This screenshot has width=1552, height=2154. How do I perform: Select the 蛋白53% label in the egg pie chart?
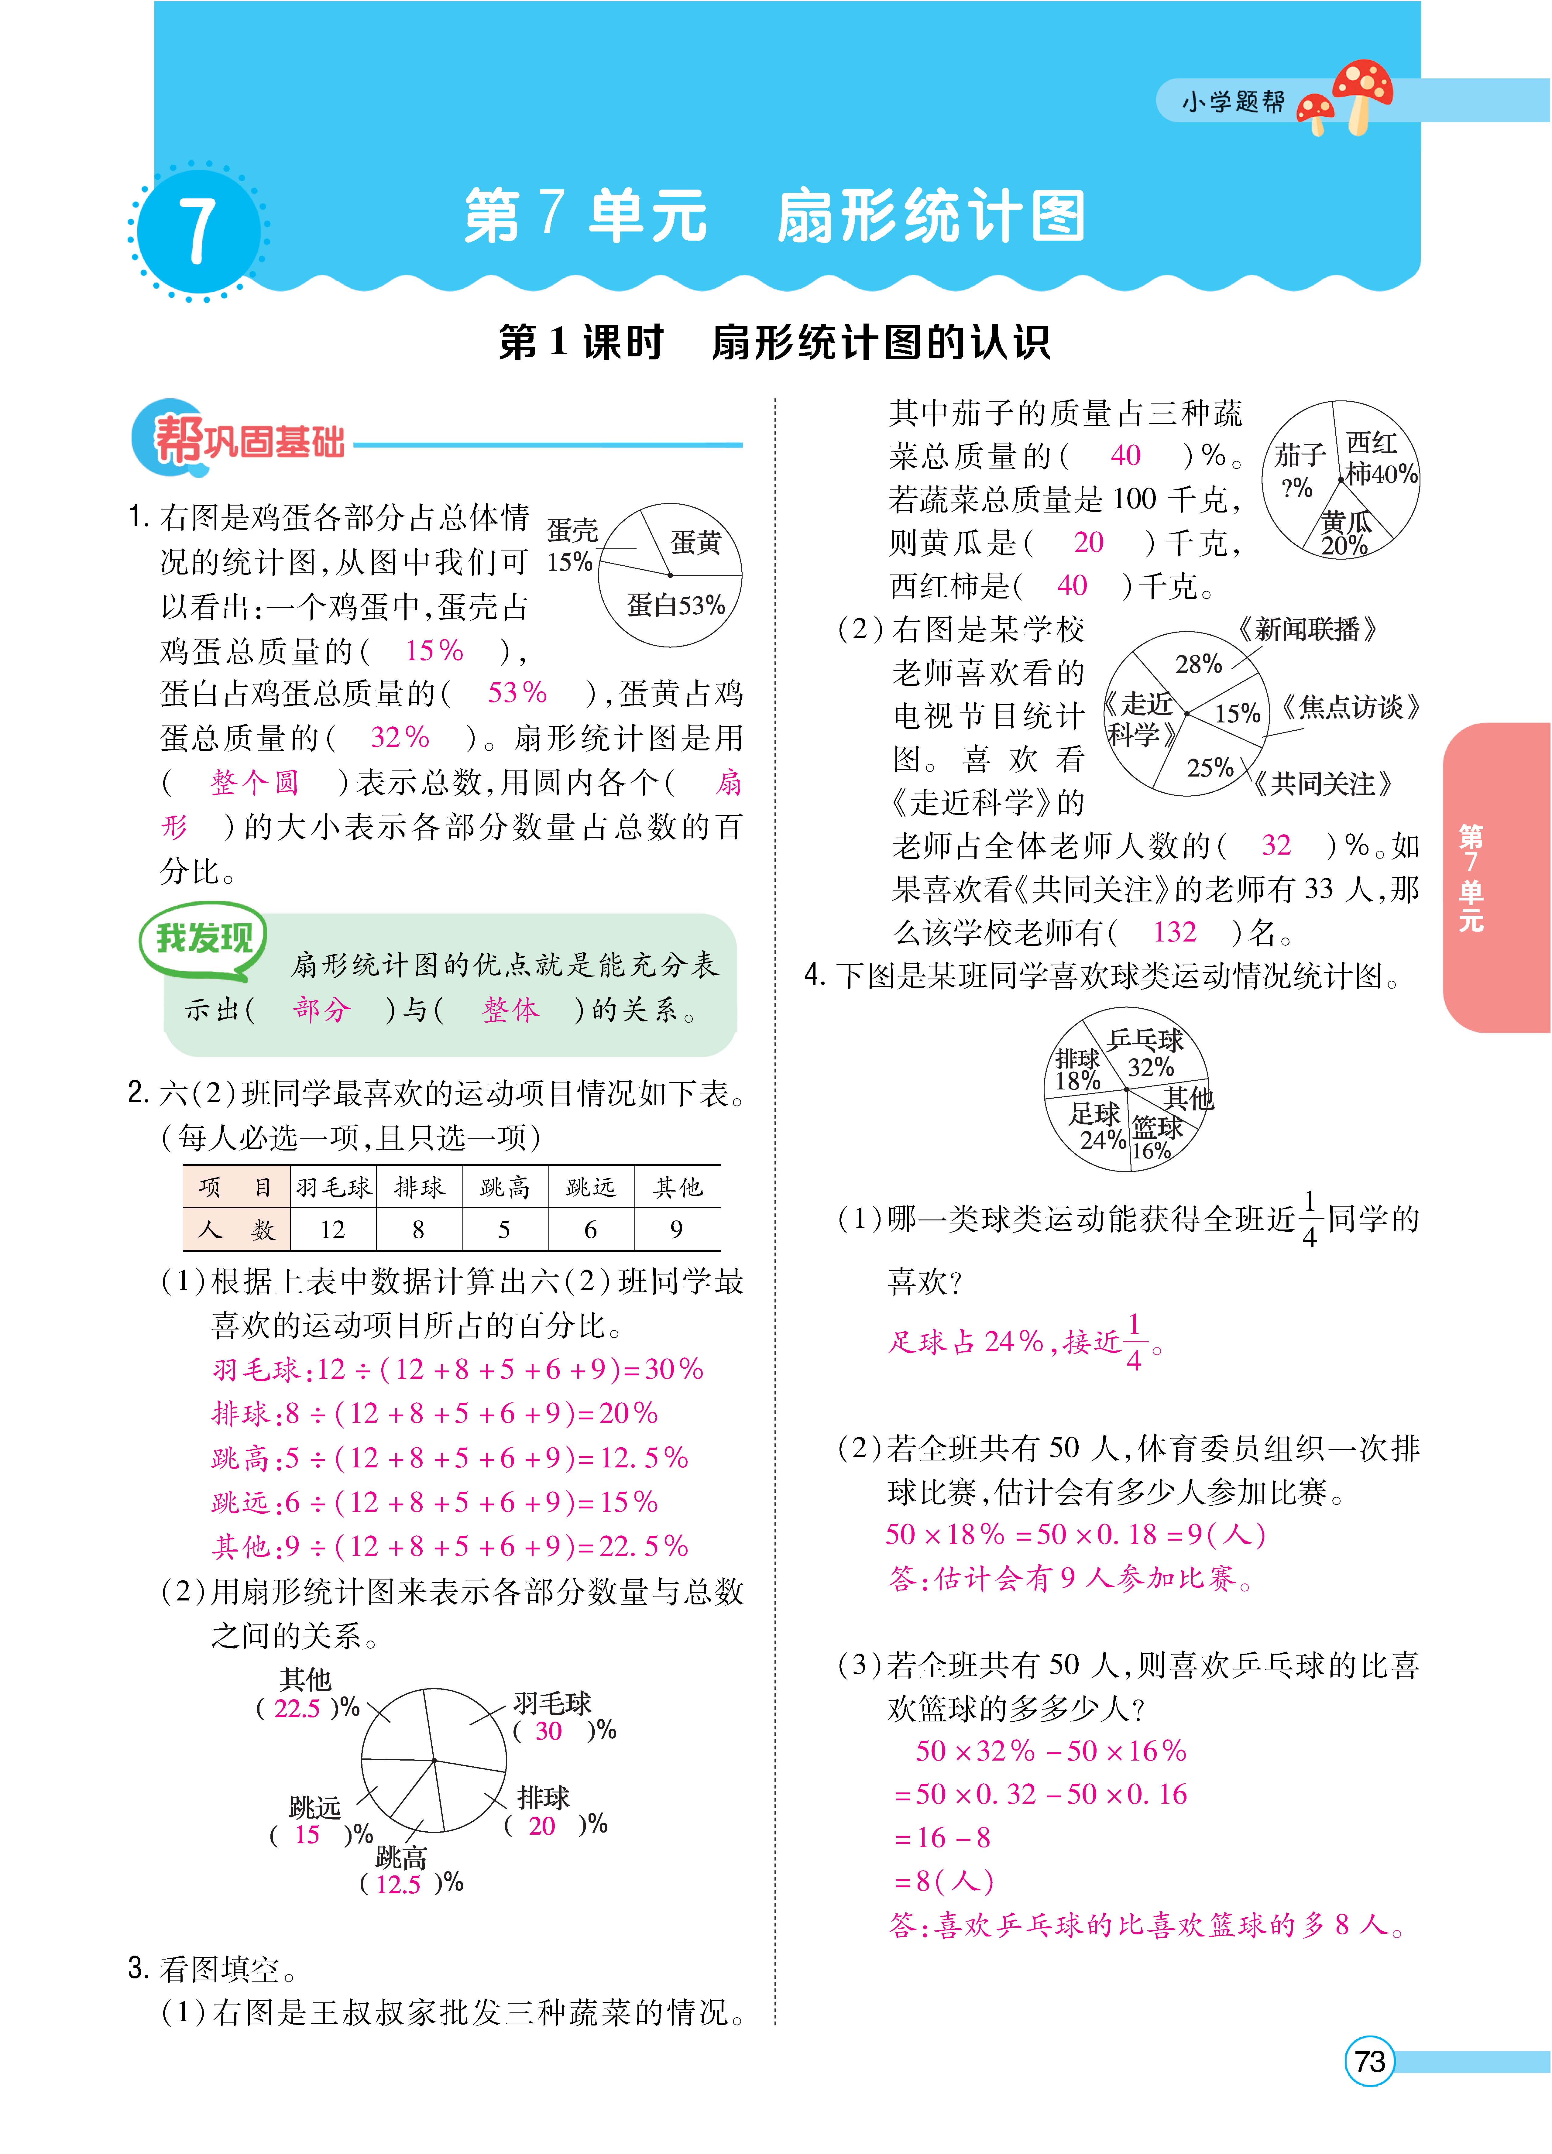click(x=675, y=605)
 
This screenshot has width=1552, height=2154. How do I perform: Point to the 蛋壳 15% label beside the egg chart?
click(x=571, y=546)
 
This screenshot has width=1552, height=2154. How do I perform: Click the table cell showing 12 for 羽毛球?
click(x=332, y=1230)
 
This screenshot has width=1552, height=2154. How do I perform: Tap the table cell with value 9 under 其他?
click(x=676, y=1230)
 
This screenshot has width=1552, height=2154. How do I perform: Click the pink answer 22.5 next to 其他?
click(x=296, y=1709)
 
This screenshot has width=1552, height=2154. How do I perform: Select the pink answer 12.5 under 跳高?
click(x=398, y=1884)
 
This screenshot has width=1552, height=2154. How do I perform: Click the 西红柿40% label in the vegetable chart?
click(x=1379, y=459)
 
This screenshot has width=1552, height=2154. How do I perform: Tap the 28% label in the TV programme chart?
click(x=1198, y=664)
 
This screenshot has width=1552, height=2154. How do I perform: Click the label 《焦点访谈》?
click(x=1349, y=708)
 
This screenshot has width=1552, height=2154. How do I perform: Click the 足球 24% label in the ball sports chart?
click(x=1097, y=1125)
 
